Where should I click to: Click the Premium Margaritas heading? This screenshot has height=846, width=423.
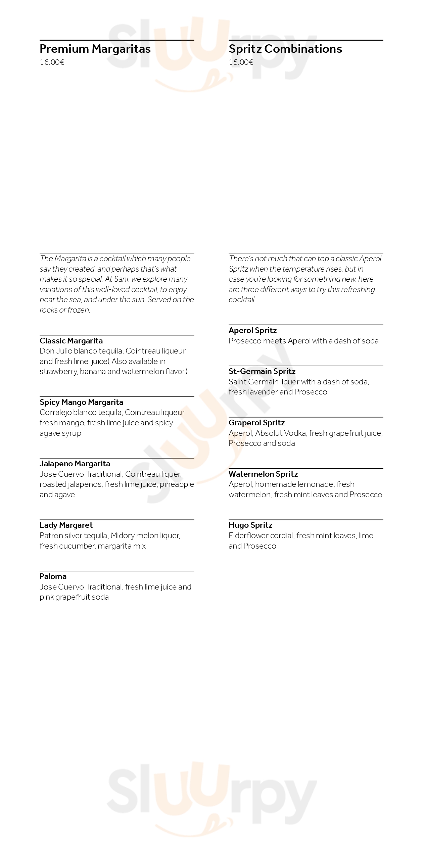tap(95, 49)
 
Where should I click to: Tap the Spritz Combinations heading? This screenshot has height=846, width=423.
tap(285, 49)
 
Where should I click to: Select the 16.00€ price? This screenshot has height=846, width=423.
tap(52, 62)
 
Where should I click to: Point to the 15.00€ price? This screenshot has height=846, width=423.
tap(241, 62)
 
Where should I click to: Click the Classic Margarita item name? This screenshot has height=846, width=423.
tap(71, 341)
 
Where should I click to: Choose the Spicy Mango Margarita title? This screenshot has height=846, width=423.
tap(81, 402)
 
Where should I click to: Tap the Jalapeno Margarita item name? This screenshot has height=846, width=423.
tap(75, 464)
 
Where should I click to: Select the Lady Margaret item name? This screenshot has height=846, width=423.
tap(66, 525)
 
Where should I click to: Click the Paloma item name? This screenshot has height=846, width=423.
tap(53, 576)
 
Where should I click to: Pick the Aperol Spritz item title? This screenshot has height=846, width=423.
tap(252, 330)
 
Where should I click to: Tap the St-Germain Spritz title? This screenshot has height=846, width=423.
tap(262, 371)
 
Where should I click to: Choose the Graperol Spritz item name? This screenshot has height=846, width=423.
tap(256, 423)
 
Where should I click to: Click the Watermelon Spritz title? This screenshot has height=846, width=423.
tap(263, 474)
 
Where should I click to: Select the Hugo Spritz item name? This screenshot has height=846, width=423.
tap(250, 525)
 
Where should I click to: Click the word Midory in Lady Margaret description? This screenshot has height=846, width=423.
tap(123, 535)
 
